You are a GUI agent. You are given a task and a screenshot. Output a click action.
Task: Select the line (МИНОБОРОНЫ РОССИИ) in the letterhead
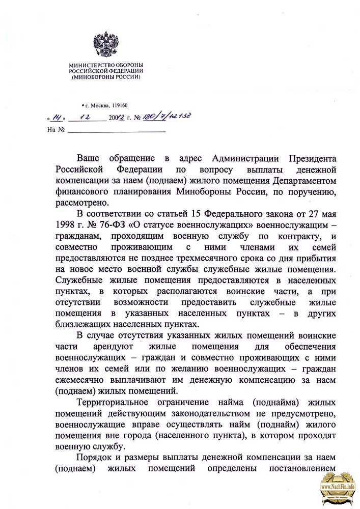click(106, 77)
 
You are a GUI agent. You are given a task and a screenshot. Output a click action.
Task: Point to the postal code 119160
click(117, 106)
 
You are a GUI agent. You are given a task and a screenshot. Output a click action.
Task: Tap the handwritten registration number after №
click(168, 117)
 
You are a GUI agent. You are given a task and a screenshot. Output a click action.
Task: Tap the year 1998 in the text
click(67, 225)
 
